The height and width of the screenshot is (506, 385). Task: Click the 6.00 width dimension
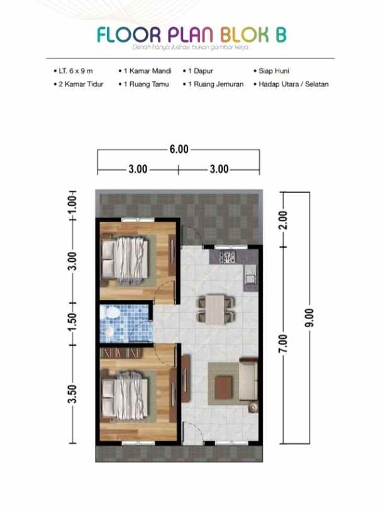[x=179, y=150]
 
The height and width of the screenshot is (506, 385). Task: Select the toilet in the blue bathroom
[x=110, y=313]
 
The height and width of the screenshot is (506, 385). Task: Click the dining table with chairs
[x=215, y=310]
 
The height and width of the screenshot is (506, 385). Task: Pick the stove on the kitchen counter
[x=227, y=256]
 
